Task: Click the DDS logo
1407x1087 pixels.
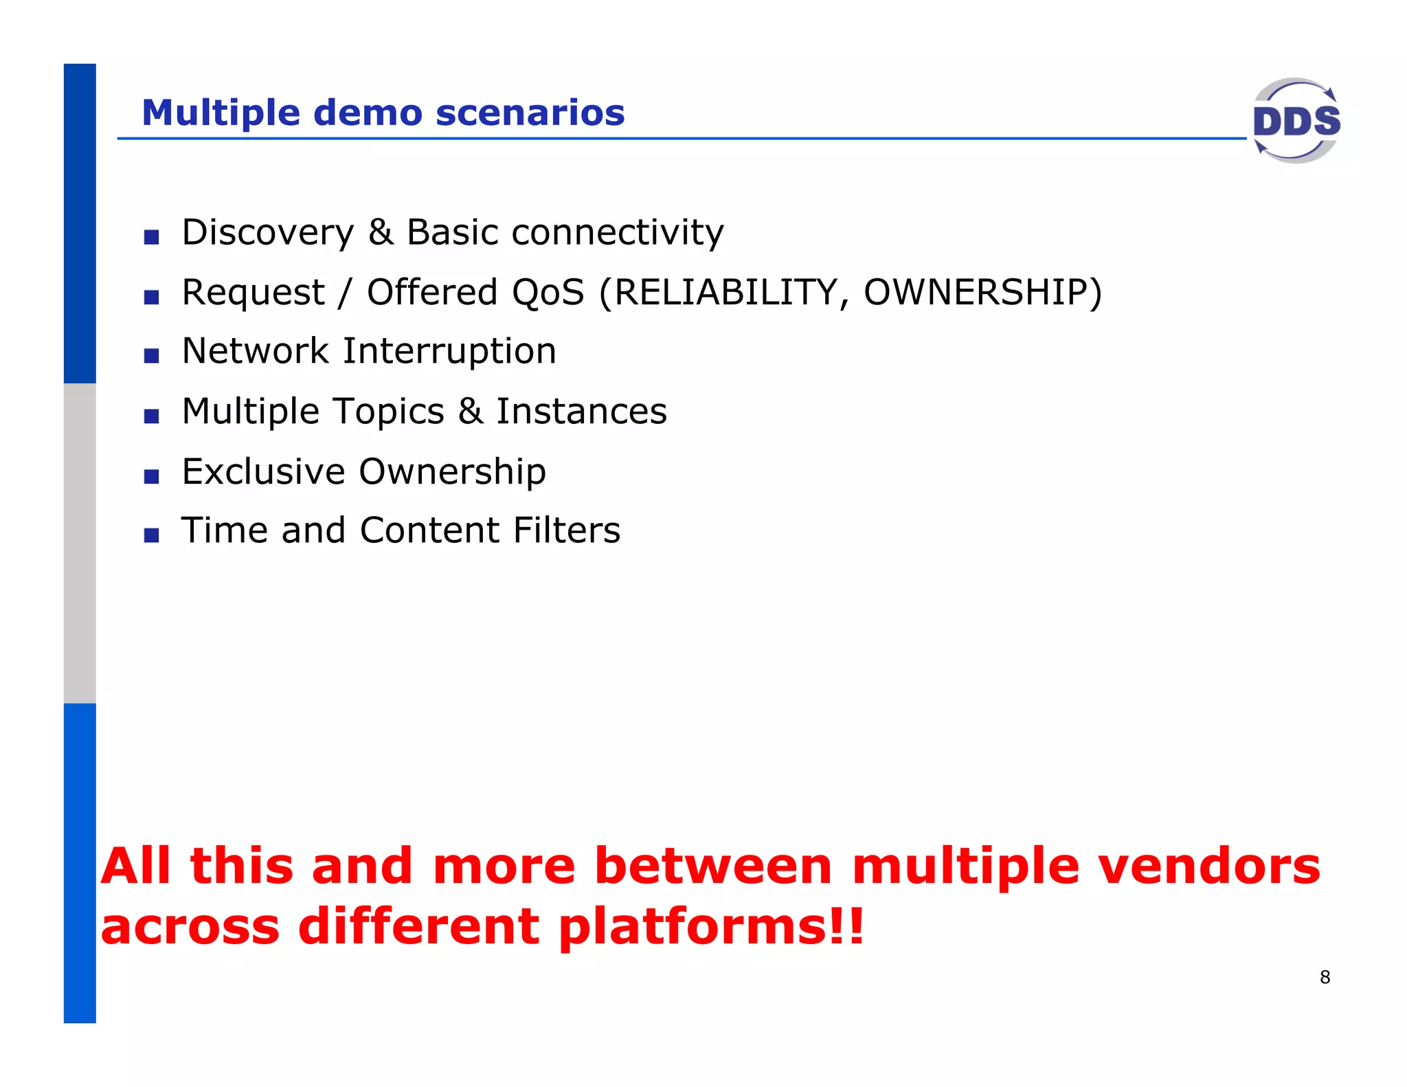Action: click(x=1296, y=121)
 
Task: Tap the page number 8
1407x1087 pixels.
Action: click(x=1325, y=977)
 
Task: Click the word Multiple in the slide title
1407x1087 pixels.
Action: click(x=221, y=113)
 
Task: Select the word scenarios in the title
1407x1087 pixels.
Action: click(x=530, y=113)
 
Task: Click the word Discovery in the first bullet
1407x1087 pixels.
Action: click(x=267, y=232)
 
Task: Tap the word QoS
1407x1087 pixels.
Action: click(x=547, y=292)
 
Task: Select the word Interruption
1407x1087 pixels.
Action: click(x=449, y=351)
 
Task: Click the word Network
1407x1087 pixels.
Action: click(x=255, y=351)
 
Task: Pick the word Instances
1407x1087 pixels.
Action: click(x=581, y=412)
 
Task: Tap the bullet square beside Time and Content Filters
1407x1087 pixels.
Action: click(x=151, y=535)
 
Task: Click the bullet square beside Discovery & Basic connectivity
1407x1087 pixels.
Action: click(x=151, y=237)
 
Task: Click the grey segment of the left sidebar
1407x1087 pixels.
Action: click(x=80, y=543)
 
